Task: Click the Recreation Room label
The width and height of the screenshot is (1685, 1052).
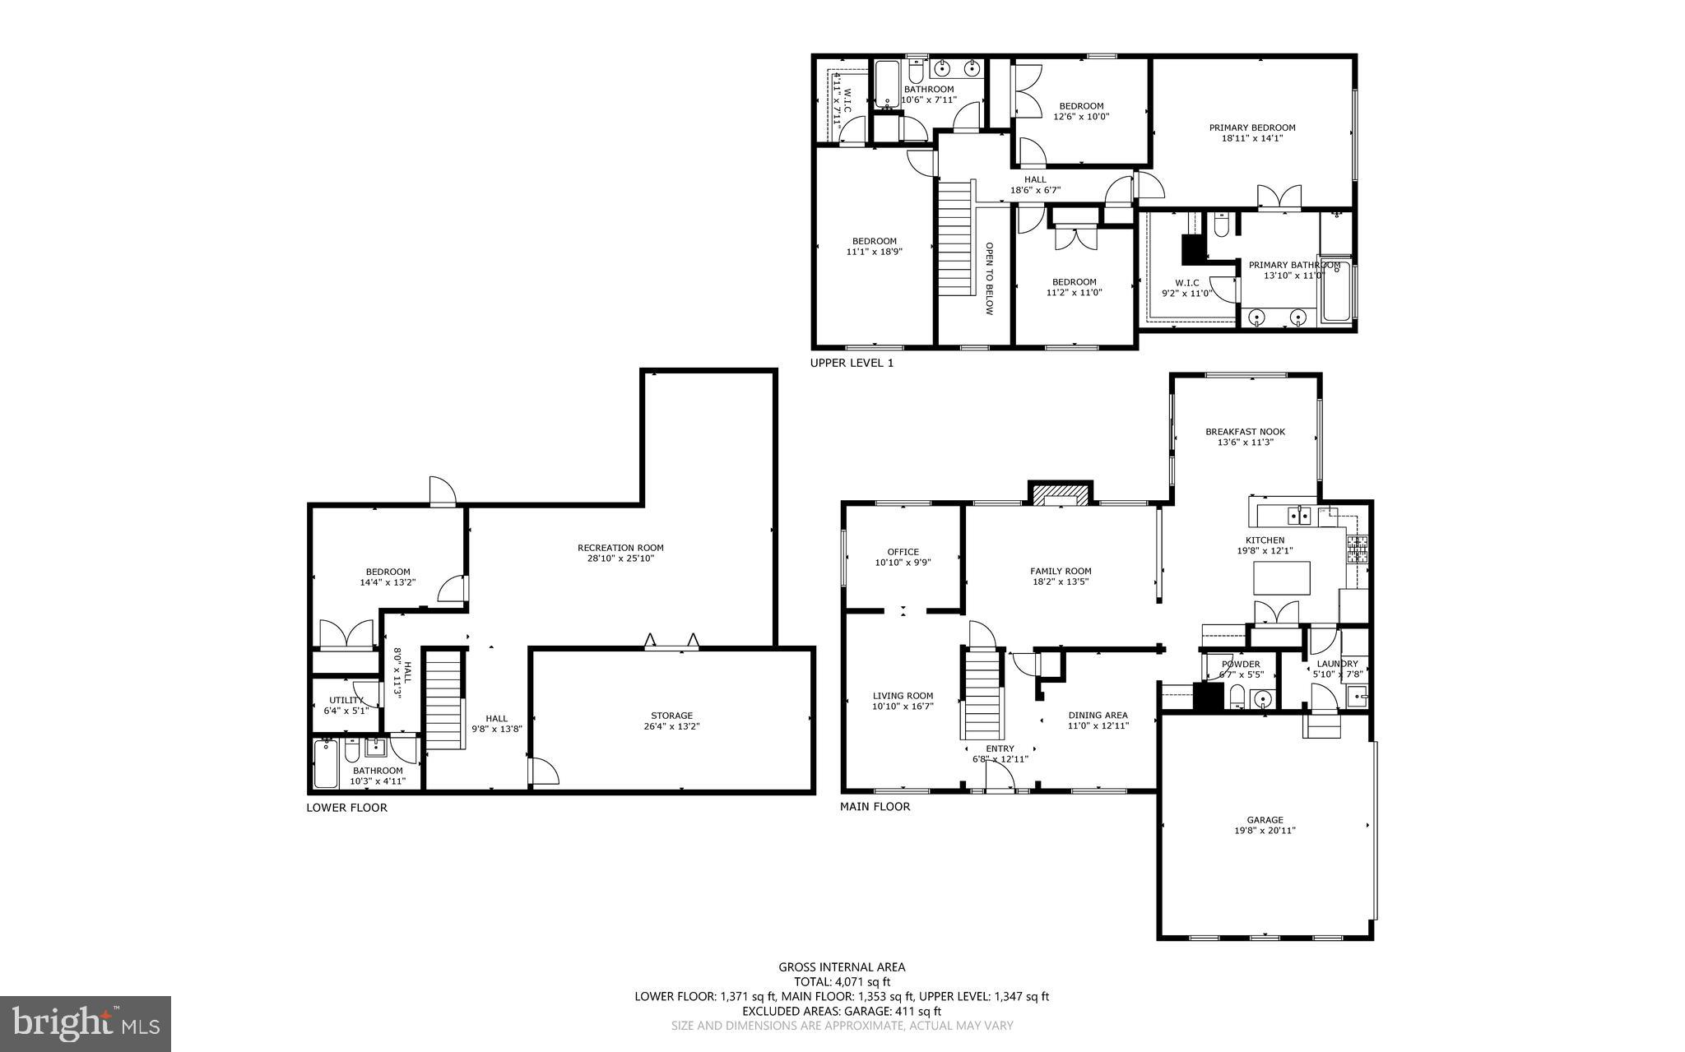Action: [x=620, y=548]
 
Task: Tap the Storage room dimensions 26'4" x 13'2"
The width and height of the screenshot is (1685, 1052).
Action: [x=671, y=726]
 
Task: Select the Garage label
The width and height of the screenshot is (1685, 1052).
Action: [x=1265, y=820]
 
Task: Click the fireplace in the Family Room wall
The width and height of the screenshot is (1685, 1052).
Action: [x=1061, y=494]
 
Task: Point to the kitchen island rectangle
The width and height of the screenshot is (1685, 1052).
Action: [x=1282, y=577]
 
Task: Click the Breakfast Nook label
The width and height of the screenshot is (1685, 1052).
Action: [x=1245, y=432]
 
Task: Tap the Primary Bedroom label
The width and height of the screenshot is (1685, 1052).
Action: [x=1252, y=127]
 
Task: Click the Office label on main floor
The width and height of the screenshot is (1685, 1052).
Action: [x=903, y=552]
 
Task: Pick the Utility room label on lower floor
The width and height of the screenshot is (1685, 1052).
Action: [x=346, y=700]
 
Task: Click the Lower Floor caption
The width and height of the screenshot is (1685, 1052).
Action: [x=346, y=808]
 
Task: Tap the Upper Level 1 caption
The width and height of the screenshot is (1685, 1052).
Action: [x=852, y=363]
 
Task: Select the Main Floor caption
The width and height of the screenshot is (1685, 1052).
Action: [x=875, y=807]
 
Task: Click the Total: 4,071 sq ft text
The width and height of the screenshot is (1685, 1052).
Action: [x=842, y=981]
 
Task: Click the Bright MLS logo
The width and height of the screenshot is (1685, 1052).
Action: [x=86, y=1023]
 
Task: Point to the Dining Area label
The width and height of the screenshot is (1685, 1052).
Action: [x=1098, y=715]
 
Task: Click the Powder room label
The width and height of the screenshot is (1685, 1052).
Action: [x=1240, y=664]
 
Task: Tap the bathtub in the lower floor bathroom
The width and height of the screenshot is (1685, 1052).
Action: [x=326, y=765]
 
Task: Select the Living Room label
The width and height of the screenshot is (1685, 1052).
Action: [x=903, y=696]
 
